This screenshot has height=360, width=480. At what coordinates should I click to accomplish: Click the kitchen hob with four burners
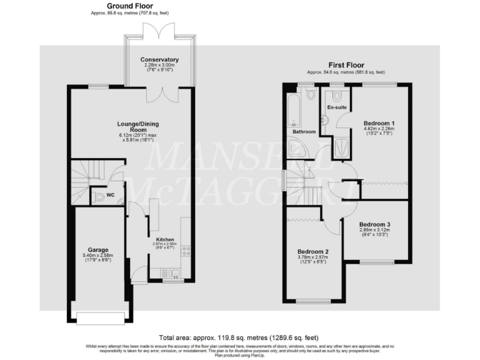point(186,251)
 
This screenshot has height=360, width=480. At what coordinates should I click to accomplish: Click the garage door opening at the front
point(101,318)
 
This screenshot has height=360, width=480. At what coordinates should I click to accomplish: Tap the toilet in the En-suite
point(337,96)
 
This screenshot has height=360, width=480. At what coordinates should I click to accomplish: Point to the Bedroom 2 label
point(313,251)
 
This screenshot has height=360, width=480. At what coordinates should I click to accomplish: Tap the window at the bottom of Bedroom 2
point(313,301)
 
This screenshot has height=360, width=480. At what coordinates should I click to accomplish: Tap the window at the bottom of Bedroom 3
point(376,262)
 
